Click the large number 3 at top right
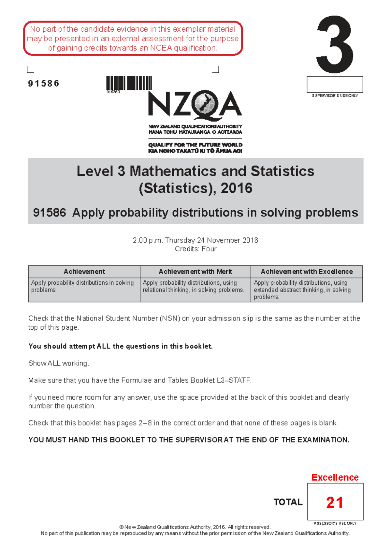335,45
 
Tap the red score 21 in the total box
335,502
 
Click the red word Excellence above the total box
335,477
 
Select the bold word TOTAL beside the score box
288,502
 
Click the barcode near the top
129,83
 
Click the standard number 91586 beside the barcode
44,84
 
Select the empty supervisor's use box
335,84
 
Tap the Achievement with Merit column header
195,272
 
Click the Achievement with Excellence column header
307,272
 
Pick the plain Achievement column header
84,272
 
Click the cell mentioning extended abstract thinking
306,290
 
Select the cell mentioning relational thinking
195,286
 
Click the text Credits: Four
195,249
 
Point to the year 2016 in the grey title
236,188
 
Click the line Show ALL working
59,363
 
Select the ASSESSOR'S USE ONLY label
335,523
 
